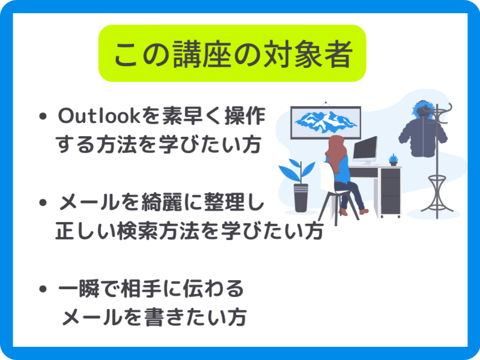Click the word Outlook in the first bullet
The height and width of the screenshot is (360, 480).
click(98, 116)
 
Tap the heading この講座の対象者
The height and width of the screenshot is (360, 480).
click(233, 54)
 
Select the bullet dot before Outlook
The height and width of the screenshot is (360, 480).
click(43, 116)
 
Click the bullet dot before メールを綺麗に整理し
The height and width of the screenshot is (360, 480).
click(43, 202)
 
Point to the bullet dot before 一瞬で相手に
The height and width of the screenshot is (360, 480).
click(43, 289)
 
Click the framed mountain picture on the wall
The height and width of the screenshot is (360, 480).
click(325, 122)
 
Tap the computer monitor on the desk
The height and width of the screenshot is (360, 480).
click(365, 150)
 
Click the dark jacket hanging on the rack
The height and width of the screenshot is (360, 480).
click(422, 134)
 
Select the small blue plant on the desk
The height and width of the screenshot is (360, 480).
click(394, 160)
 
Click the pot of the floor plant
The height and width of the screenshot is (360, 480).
click(301, 198)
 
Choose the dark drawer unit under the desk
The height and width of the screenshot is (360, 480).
click(391, 191)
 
